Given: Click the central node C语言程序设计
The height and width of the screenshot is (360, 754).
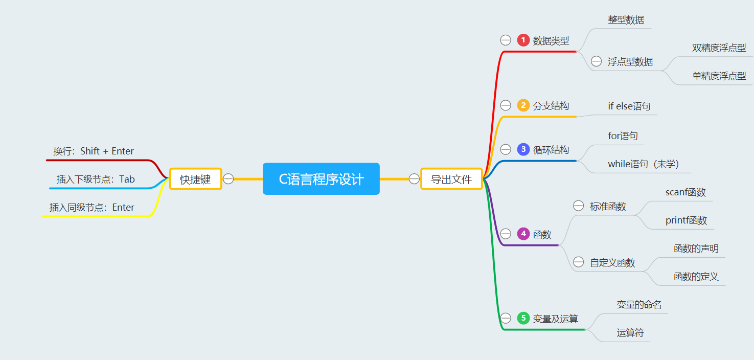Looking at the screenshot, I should click(x=321, y=179).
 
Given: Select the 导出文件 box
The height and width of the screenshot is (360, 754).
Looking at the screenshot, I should click(x=451, y=179).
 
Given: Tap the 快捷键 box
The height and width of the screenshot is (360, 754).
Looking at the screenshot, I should click(x=195, y=179).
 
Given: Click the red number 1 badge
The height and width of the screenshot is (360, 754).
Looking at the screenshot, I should click(x=523, y=40).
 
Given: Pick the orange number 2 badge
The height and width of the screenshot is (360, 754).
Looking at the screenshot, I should click(x=523, y=105).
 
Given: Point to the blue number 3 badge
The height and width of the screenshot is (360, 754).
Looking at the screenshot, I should click(x=523, y=149).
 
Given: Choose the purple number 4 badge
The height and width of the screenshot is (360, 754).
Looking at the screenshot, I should click(x=523, y=234).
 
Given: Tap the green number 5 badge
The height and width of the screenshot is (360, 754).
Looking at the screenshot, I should click(x=523, y=318).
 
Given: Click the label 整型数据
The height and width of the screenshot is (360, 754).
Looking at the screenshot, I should click(x=626, y=20).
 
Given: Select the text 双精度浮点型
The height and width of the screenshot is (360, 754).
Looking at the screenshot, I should click(x=719, y=48).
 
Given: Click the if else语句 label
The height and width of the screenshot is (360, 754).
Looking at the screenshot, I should click(x=629, y=106).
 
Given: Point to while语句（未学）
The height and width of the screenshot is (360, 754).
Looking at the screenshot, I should click(x=643, y=164).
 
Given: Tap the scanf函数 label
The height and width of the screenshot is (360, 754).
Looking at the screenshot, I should click(x=685, y=192).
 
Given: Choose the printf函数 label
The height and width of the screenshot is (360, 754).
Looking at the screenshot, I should click(x=686, y=220).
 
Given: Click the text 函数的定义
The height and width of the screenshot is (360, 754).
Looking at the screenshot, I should click(x=696, y=277).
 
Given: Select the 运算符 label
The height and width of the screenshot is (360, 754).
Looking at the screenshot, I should click(x=630, y=333).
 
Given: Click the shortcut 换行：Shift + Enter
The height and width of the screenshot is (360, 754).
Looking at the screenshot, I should click(x=94, y=151).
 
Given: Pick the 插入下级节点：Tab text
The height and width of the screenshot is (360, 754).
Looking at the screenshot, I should click(x=96, y=179).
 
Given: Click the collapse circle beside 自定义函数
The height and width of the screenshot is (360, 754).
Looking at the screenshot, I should click(x=578, y=262).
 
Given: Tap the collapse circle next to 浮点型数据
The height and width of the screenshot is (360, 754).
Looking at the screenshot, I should click(x=596, y=61).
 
